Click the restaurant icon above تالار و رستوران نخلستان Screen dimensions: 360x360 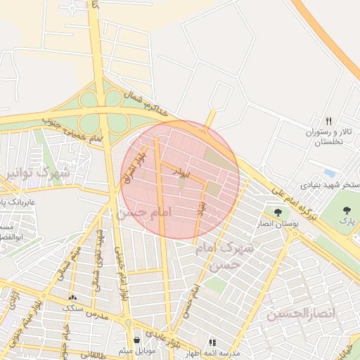tap(328, 120)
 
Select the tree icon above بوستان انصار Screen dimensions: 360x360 tap(278, 212)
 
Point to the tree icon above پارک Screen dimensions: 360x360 tap(346, 210)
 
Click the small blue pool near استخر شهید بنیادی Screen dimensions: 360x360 tap(330, 173)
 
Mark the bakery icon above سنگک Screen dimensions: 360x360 tap(73, 297)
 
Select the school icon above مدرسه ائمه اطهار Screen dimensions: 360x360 tap(212, 342)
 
